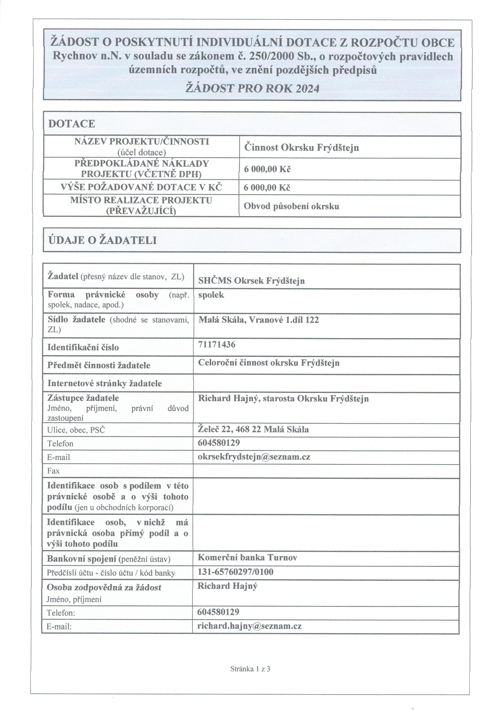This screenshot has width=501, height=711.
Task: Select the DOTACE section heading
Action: [x=71, y=124]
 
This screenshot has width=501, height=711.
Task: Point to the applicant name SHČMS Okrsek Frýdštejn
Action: [x=251, y=281]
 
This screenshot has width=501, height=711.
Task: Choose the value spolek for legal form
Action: [x=211, y=295]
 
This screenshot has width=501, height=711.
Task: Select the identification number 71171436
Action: [x=217, y=344]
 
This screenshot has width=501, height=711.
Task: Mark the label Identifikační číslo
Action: [x=83, y=347]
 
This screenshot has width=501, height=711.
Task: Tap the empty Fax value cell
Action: [x=326, y=471]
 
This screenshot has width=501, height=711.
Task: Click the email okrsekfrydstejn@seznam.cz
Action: [x=254, y=457]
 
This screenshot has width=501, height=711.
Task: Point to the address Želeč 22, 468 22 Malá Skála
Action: [x=253, y=430]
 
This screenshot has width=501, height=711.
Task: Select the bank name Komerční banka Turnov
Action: [x=247, y=558]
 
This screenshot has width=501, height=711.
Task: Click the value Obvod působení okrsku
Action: [x=291, y=206]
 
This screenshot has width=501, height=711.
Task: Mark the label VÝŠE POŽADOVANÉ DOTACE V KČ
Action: [x=141, y=187]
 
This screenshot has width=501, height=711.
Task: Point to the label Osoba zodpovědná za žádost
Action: [x=104, y=587]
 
